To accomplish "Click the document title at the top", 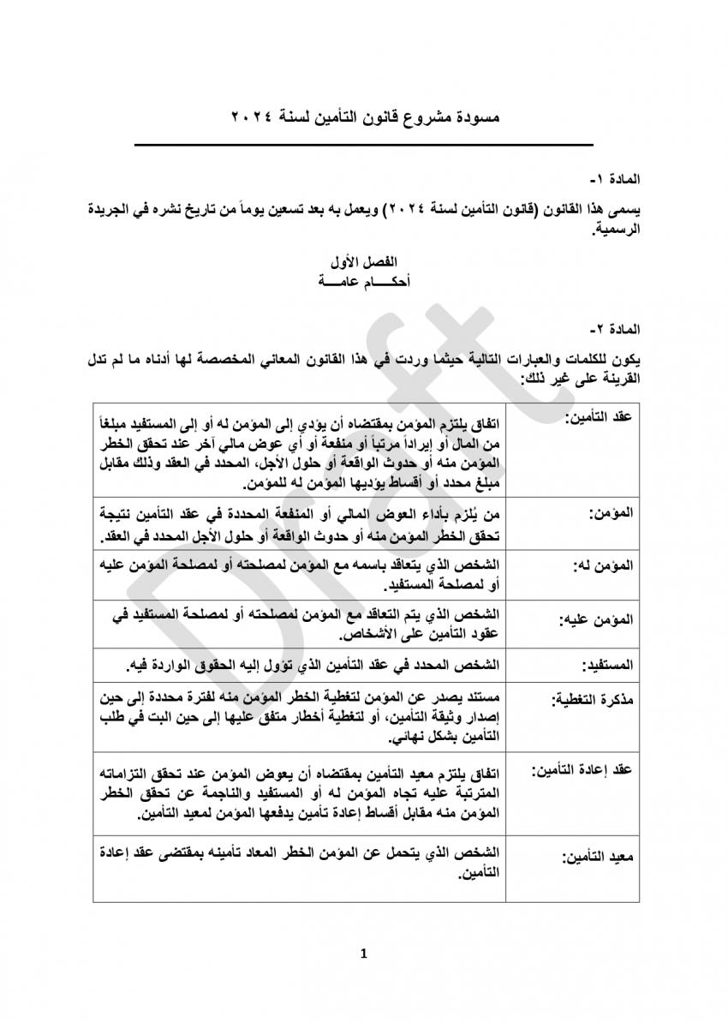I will click(x=364, y=115).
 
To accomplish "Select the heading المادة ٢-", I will click(x=614, y=329).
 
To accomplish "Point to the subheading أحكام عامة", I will click(x=364, y=279).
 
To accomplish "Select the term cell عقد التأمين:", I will click(x=600, y=416).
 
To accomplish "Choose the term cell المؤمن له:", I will click(x=605, y=567).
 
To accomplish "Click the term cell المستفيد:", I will click(x=606, y=665).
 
